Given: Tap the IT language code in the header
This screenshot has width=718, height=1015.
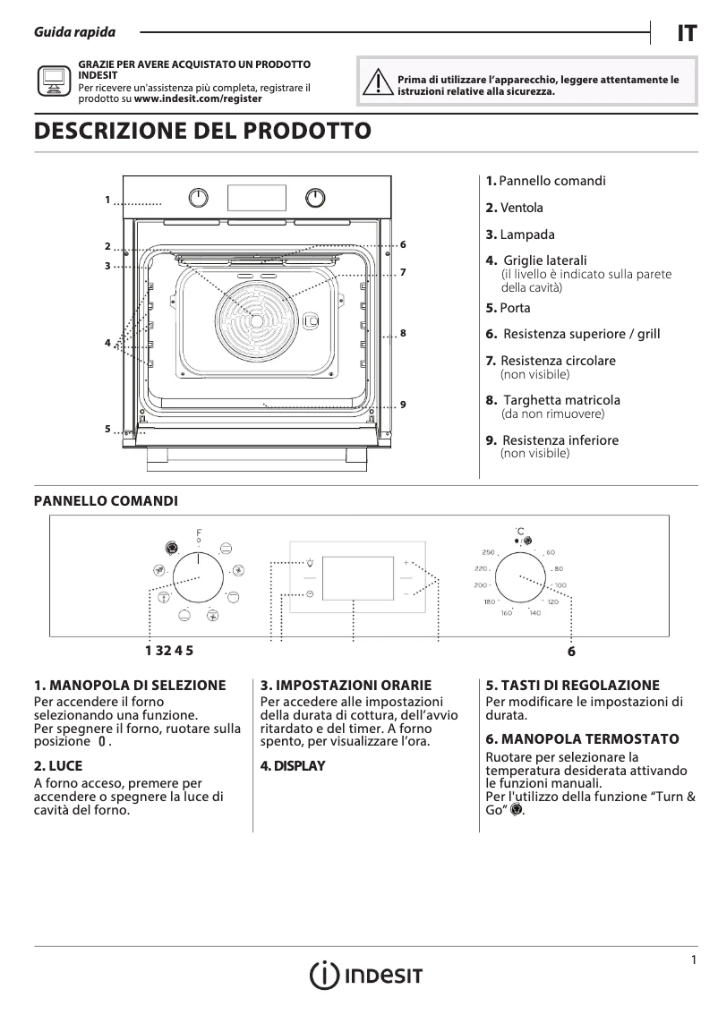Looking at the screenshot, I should (x=686, y=34).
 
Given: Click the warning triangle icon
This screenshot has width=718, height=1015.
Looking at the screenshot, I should (x=380, y=83).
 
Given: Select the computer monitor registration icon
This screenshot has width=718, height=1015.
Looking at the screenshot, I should (x=54, y=81).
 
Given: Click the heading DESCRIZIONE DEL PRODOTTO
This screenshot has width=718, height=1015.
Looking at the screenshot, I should (x=201, y=131).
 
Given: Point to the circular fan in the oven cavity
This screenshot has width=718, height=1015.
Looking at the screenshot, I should (x=255, y=320).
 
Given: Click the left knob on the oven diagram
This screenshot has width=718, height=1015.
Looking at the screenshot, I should (x=201, y=197).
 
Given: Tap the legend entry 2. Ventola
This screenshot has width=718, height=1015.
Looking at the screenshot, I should (x=515, y=208).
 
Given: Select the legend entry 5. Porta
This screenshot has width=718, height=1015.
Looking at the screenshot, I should (x=509, y=308).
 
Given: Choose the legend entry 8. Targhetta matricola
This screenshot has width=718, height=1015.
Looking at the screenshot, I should (x=553, y=400).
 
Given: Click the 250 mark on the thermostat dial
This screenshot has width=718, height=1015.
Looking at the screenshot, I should (x=488, y=552).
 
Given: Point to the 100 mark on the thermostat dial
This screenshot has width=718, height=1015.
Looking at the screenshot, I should (x=560, y=585).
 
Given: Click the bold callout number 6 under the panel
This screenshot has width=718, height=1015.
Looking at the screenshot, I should (x=570, y=652).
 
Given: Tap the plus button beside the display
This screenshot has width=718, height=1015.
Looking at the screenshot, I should (x=406, y=564).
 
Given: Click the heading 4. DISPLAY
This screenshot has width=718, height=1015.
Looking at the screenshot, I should (x=293, y=766).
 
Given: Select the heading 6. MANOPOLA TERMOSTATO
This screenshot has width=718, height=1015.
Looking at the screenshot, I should (x=582, y=739).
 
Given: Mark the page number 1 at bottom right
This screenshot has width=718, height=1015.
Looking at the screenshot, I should (x=694, y=960).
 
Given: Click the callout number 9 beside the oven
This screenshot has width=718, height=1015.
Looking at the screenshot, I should (x=404, y=405).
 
